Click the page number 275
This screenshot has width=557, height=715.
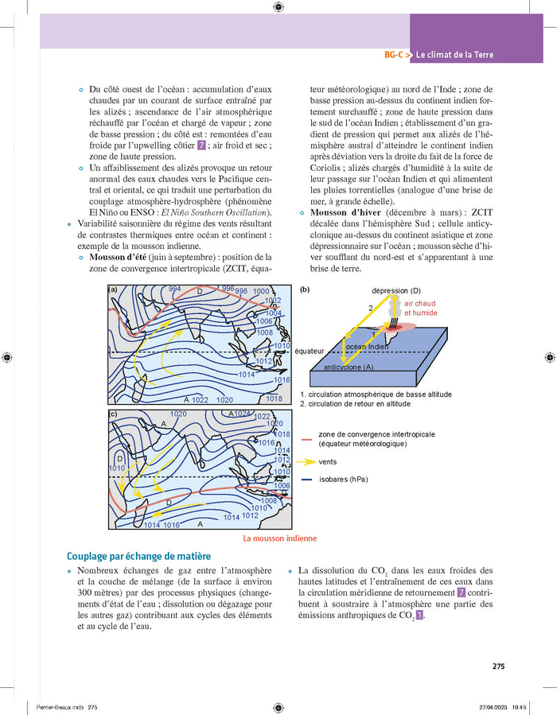(x=498, y=666)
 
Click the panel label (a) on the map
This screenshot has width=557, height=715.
(x=113, y=290)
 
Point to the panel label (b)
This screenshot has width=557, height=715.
(x=305, y=290)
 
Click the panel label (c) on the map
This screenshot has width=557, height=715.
(x=113, y=414)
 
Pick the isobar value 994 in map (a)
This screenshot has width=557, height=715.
(x=176, y=289)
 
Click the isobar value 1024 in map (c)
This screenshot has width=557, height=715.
(x=243, y=414)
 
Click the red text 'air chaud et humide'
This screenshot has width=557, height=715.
(x=419, y=308)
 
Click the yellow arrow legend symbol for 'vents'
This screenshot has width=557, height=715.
(x=306, y=461)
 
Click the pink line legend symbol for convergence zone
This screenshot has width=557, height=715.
(x=306, y=438)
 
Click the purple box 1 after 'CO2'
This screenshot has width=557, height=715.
(x=419, y=616)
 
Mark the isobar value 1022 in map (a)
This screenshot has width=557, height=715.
(x=199, y=399)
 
